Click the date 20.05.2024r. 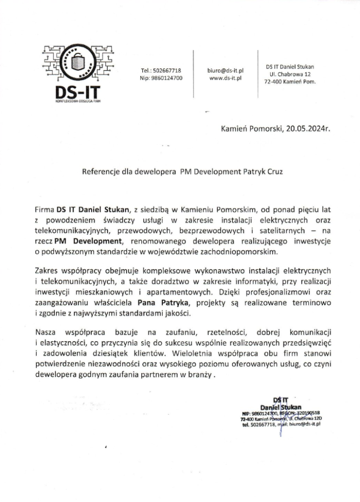click(x=306, y=129)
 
